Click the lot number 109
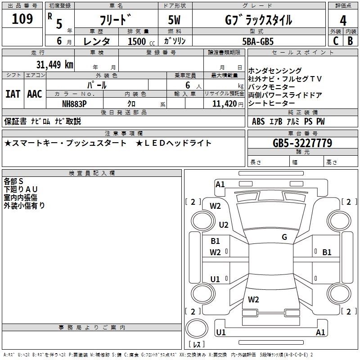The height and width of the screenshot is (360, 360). point(22,19)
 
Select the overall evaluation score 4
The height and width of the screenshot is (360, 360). point(343,21)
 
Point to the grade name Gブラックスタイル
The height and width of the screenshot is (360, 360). point(258,20)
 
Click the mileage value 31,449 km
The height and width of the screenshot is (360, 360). point(55,64)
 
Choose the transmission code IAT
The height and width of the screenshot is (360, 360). point(13,94)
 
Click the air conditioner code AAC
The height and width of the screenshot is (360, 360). point(34,94)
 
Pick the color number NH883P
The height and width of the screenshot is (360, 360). point(75,103)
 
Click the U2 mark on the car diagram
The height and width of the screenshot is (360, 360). point(224,225)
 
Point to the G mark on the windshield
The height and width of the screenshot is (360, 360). point(284,237)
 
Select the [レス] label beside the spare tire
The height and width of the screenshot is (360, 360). point(197,345)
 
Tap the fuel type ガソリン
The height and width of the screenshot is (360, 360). point(175,41)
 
